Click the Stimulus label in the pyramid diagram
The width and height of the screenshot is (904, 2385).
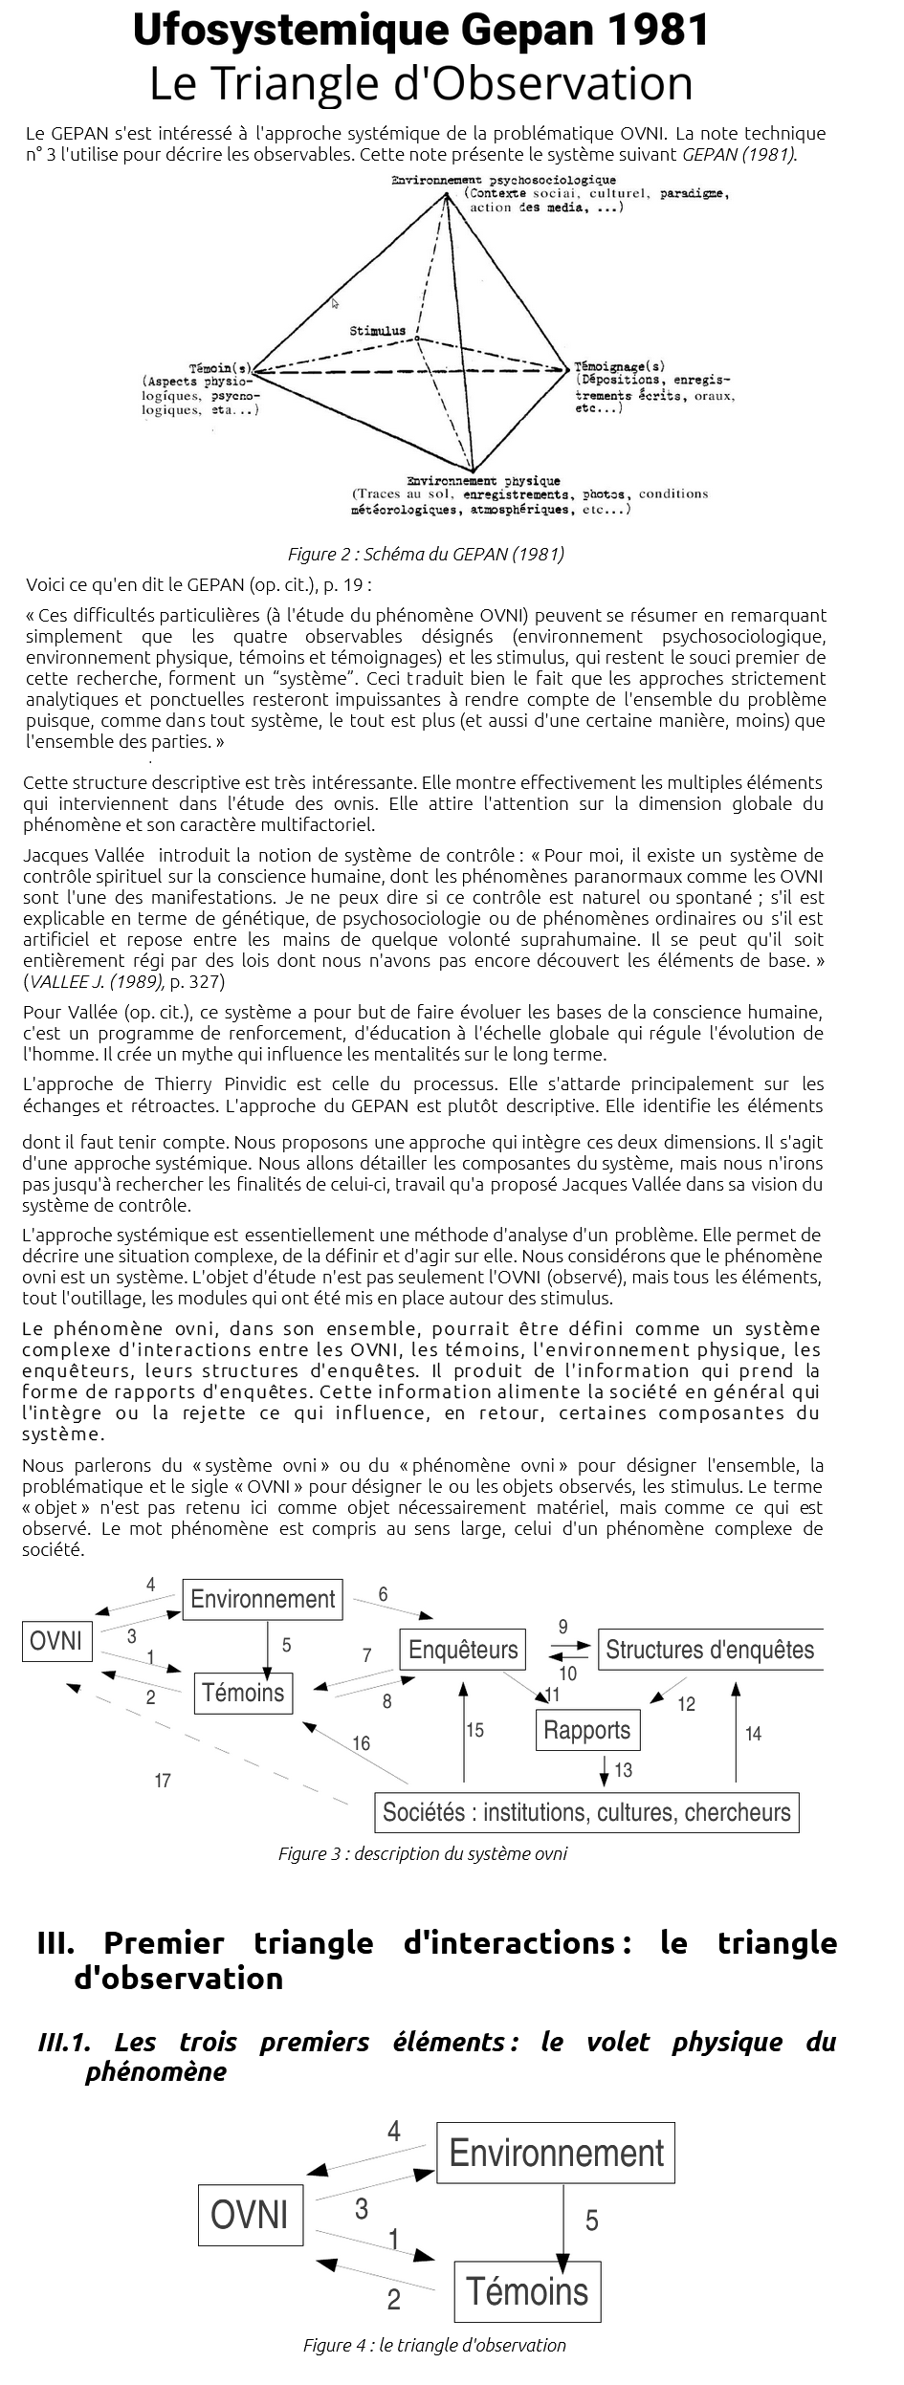tap(377, 331)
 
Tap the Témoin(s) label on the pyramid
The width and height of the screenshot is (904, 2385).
tap(220, 368)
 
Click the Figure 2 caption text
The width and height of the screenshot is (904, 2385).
tap(426, 554)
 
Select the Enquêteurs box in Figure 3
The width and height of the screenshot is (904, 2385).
tap(463, 1650)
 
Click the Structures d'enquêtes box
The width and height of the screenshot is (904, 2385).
tap(710, 1650)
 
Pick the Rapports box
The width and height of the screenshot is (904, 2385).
tap(587, 1730)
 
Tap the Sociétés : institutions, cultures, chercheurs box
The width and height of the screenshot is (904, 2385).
tap(586, 1812)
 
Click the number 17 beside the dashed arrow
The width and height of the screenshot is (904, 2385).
tap(163, 1781)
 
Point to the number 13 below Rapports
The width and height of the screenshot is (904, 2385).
tap(624, 1771)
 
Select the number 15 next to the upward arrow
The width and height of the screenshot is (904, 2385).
tap(475, 1730)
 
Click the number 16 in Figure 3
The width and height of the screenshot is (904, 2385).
tap(361, 1743)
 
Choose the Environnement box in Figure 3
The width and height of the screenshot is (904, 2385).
tap(263, 1599)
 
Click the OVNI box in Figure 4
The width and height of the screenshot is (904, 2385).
tap(250, 2215)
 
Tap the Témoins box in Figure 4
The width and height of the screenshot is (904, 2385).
tap(527, 2291)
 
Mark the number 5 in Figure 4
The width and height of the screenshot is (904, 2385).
tap(592, 2221)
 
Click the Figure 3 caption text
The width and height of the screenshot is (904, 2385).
tap(423, 1853)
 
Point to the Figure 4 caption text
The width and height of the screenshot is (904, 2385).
tap(434, 2345)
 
